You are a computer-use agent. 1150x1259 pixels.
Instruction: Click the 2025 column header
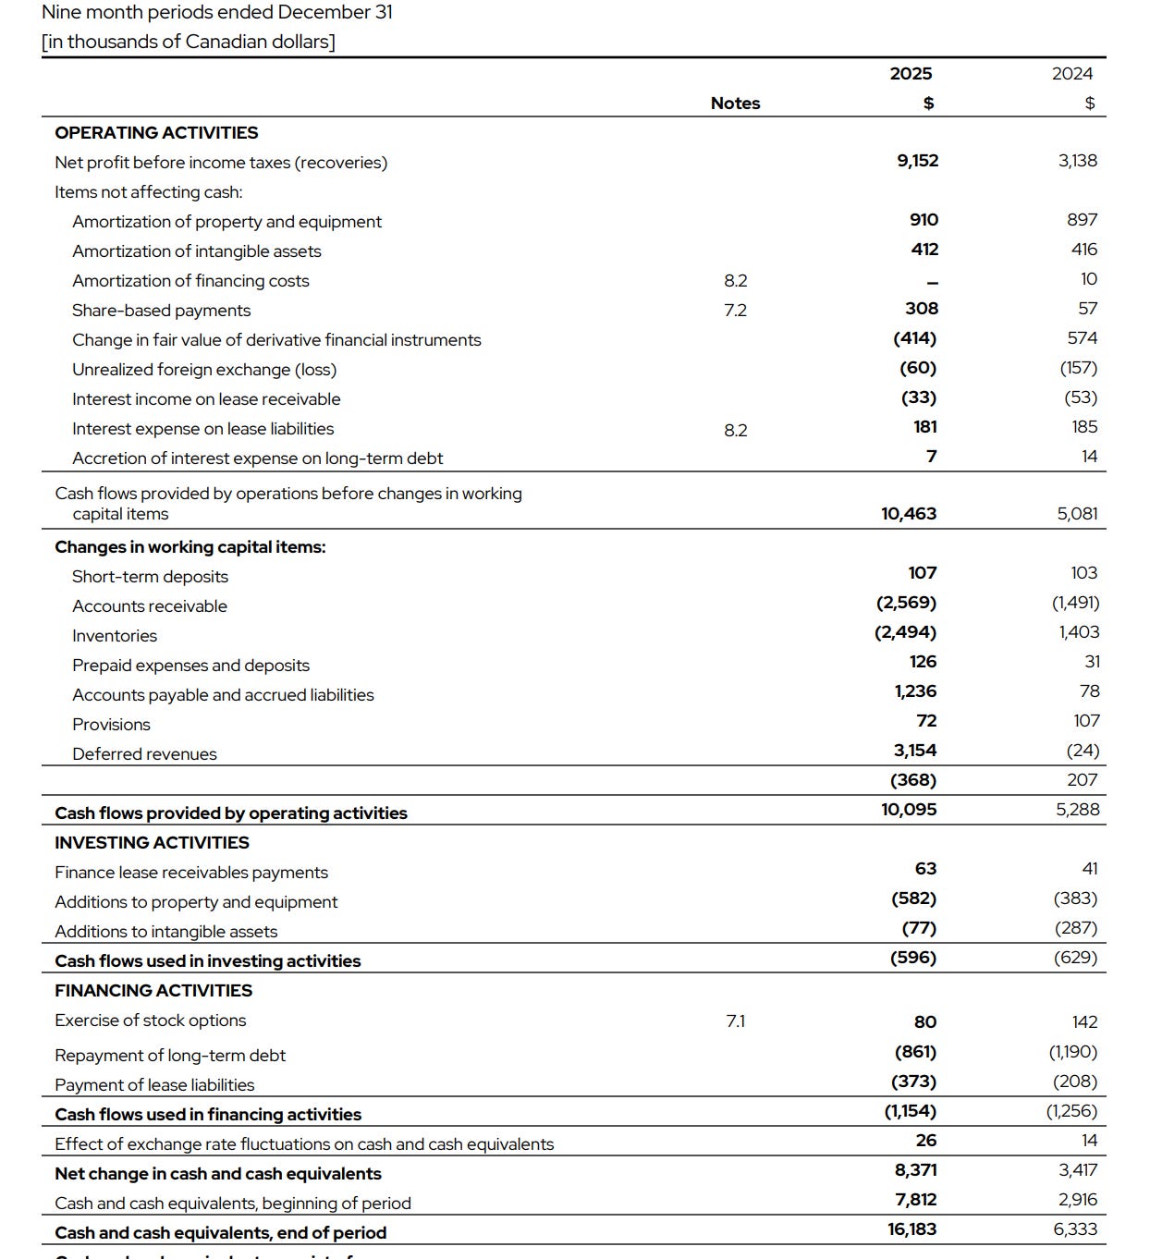tap(911, 74)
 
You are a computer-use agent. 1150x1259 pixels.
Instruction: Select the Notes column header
tap(735, 104)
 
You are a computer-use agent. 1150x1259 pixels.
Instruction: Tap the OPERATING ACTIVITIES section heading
tap(156, 133)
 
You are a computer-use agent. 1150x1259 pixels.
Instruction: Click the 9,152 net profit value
tap(917, 161)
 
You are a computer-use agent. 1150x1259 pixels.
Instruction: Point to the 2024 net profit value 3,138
tap(1077, 161)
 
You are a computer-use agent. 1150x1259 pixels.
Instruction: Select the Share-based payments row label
tap(161, 311)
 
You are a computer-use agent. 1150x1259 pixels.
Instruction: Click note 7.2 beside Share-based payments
tap(735, 311)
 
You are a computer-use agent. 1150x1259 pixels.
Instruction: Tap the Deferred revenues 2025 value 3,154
tap(914, 751)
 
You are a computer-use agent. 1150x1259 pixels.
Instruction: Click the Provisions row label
tap(111, 725)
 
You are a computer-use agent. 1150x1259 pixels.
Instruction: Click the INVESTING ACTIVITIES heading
tap(152, 843)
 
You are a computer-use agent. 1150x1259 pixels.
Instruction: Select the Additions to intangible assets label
tap(165, 932)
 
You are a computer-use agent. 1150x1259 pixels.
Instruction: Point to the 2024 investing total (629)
tap(1075, 958)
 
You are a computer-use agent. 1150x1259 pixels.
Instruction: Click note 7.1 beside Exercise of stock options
tap(735, 1021)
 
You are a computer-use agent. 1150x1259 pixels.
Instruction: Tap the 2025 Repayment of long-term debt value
tap(915, 1052)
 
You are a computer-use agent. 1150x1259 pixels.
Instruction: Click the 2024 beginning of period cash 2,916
tap(1077, 1200)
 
